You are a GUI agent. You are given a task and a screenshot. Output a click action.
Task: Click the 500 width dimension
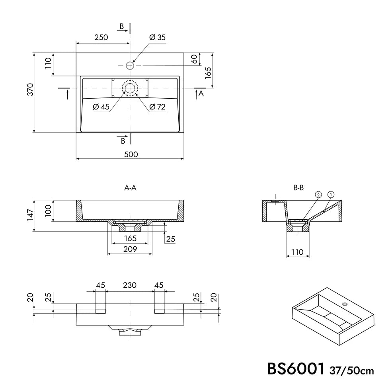(x=131, y=154)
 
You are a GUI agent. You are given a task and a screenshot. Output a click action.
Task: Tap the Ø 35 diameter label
(x=157, y=37)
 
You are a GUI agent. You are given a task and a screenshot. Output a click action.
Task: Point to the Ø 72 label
(x=157, y=107)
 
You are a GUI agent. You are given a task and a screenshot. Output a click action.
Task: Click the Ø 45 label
(x=101, y=107)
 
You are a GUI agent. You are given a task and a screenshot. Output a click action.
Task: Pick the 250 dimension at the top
(x=101, y=37)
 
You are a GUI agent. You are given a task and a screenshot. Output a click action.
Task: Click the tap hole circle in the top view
(x=130, y=65)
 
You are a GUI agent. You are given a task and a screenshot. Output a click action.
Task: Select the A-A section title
(x=130, y=188)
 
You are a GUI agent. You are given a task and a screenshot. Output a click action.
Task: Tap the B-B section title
(x=298, y=188)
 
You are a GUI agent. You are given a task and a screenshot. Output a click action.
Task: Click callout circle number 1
(x=331, y=195)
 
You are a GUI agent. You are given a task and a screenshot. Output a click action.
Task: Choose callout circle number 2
(x=318, y=195)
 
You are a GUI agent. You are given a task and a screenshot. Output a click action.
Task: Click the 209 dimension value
(x=130, y=249)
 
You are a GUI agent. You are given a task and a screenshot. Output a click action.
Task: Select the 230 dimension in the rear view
(x=130, y=285)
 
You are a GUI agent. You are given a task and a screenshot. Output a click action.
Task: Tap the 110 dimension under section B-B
(x=298, y=252)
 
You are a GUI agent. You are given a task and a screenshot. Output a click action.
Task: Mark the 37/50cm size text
(x=352, y=371)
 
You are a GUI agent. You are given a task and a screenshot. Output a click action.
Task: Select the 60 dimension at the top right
(x=194, y=59)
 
